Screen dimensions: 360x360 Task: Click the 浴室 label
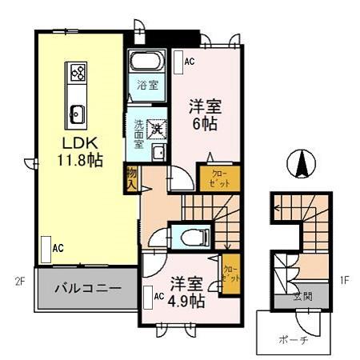pyautogui.click(x=146, y=85)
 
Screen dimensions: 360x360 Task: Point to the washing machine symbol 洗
pyautogui.click(x=158, y=125)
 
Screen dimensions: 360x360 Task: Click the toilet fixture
pyautogui.click(x=192, y=235)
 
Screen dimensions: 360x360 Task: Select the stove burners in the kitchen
pyautogui.click(x=79, y=74)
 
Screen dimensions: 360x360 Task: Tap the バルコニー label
pyautogui.click(x=88, y=287)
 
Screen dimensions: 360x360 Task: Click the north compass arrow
pyautogui.click(x=302, y=164)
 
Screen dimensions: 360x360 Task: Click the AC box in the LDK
pyautogui.click(x=48, y=247)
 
